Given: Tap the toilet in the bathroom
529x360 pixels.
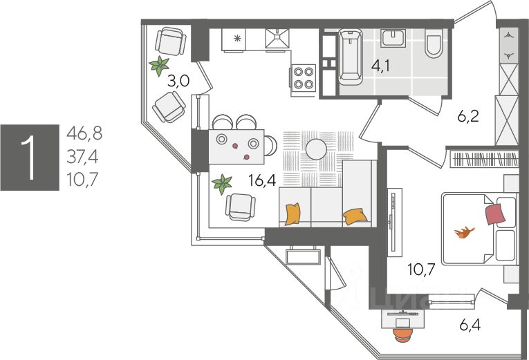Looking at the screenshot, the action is click(434, 44).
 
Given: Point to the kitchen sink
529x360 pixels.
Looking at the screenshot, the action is click(278, 39).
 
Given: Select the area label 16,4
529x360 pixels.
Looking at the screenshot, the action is click(262, 181).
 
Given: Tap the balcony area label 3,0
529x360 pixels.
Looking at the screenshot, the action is click(178, 82).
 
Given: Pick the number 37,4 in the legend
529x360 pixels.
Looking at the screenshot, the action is click(82, 158).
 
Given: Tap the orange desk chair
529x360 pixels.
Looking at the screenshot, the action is click(402, 332).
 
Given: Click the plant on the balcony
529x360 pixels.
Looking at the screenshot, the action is click(160, 66).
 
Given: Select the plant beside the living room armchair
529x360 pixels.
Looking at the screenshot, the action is click(222, 184).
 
